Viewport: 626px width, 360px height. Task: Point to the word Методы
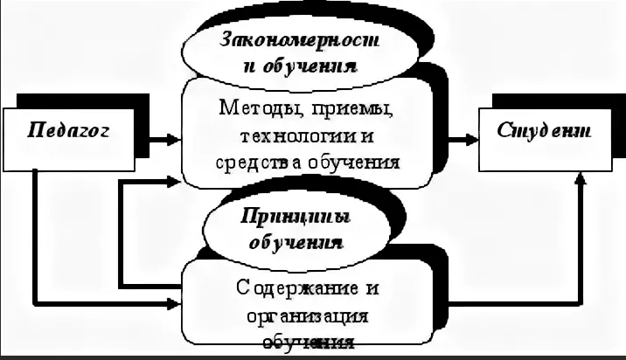[253, 110]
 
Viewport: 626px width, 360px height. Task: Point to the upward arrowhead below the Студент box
[579, 180]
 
